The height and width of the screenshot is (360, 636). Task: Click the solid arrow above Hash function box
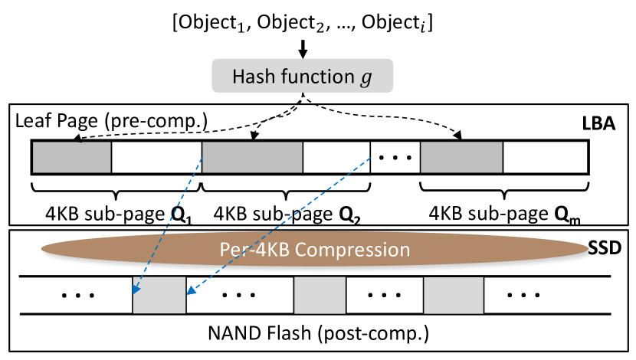[303, 48]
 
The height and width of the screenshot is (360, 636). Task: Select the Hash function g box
[303, 77]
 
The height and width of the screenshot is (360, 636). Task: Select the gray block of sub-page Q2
[252, 157]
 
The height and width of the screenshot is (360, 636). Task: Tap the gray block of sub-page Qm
[461, 157]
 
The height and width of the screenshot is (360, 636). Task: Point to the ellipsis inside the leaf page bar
[395, 158]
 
